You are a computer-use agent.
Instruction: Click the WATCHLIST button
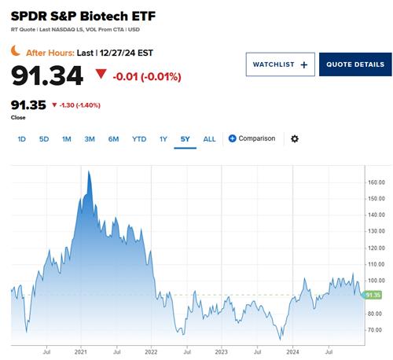(x=281, y=64)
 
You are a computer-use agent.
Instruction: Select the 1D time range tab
(x=22, y=139)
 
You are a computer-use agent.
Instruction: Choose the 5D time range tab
(x=44, y=139)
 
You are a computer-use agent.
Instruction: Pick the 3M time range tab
(x=90, y=139)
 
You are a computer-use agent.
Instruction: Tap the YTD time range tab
(x=139, y=139)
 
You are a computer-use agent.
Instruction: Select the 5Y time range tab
(x=185, y=139)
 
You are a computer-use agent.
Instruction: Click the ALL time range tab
(x=209, y=139)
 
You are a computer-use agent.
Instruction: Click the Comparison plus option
(x=252, y=138)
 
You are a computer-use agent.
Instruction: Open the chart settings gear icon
(x=295, y=139)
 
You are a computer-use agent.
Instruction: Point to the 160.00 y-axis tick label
(x=376, y=182)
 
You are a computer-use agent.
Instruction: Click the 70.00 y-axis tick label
(x=375, y=331)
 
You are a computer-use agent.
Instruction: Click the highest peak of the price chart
(x=89, y=171)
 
